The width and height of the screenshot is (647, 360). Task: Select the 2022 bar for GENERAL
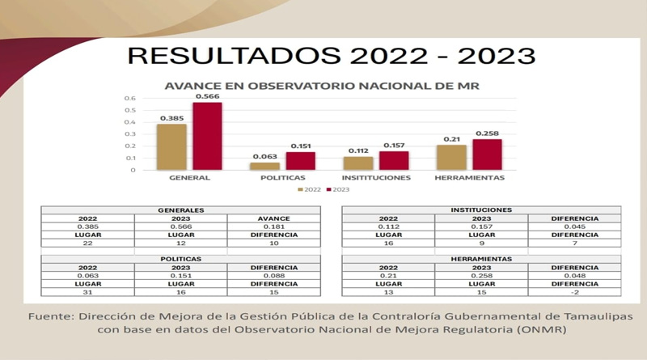pyautogui.click(x=172, y=146)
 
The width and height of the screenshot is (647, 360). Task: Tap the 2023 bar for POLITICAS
pyautogui.click(x=300, y=161)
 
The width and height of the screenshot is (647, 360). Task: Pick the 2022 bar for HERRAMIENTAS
pyautogui.click(x=452, y=157)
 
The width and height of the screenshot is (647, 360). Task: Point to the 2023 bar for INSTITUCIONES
pyautogui.click(x=394, y=160)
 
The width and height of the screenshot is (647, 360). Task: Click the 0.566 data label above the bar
pyautogui.click(x=206, y=96)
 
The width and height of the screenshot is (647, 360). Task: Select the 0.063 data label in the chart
pyautogui.click(x=264, y=157)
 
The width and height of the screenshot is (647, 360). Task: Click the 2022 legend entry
pyautogui.click(x=310, y=189)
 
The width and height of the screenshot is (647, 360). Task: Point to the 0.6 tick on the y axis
pyautogui.click(x=129, y=99)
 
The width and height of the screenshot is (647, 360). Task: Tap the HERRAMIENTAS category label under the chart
pyautogui.click(x=469, y=177)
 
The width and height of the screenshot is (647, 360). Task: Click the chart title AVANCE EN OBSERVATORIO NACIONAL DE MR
pyautogui.click(x=321, y=85)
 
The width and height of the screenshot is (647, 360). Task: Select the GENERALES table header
pyautogui.click(x=180, y=210)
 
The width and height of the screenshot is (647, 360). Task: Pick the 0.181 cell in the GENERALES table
pyautogui.click(x=273, y=227)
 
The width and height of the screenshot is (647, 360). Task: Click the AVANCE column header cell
pyautogui.click(x=273, y=218)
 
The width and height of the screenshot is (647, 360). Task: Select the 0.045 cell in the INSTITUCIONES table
pyautogui.click(x=574, y=227)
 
